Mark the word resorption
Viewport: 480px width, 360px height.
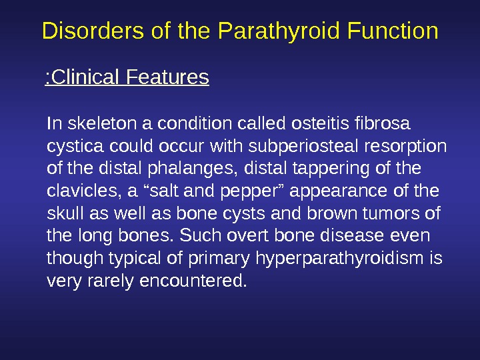tap(413, 146)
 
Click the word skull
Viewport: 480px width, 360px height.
tap(61, 214)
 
